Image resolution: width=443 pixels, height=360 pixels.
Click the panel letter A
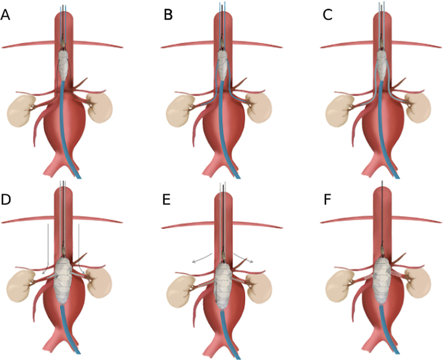pos(6,15)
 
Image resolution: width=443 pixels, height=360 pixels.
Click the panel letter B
pos(168,15)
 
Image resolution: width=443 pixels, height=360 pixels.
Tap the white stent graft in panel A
pos(65,65)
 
